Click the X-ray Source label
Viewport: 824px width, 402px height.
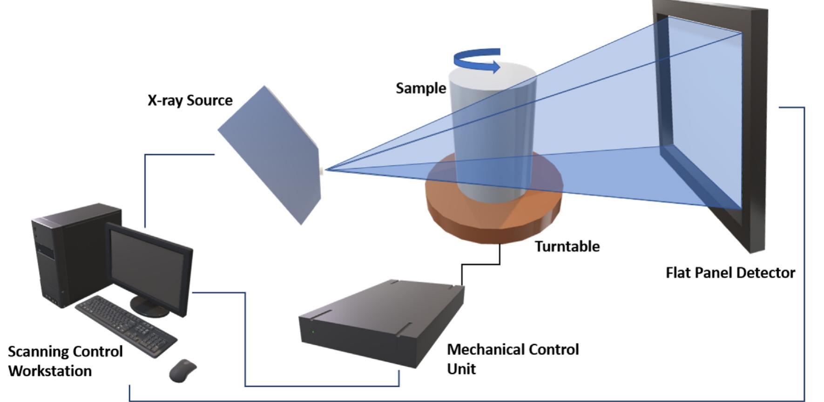(190, 101)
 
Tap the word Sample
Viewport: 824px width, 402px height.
(421, 89)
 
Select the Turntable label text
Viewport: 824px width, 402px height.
(567, 246)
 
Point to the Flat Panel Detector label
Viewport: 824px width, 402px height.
(730, 273)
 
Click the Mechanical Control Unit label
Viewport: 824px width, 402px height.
(512, 359)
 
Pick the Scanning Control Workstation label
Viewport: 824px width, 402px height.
(65, 361)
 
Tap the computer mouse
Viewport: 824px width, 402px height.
(182, 370)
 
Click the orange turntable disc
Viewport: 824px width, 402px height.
(493, 219)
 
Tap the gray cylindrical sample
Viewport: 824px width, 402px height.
(493, 130)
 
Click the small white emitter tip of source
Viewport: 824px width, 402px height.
(321, 171)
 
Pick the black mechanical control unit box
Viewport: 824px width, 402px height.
(382, 321)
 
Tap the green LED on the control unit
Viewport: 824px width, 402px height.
(313, 332)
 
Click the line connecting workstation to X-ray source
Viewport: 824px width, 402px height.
(145, 186)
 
